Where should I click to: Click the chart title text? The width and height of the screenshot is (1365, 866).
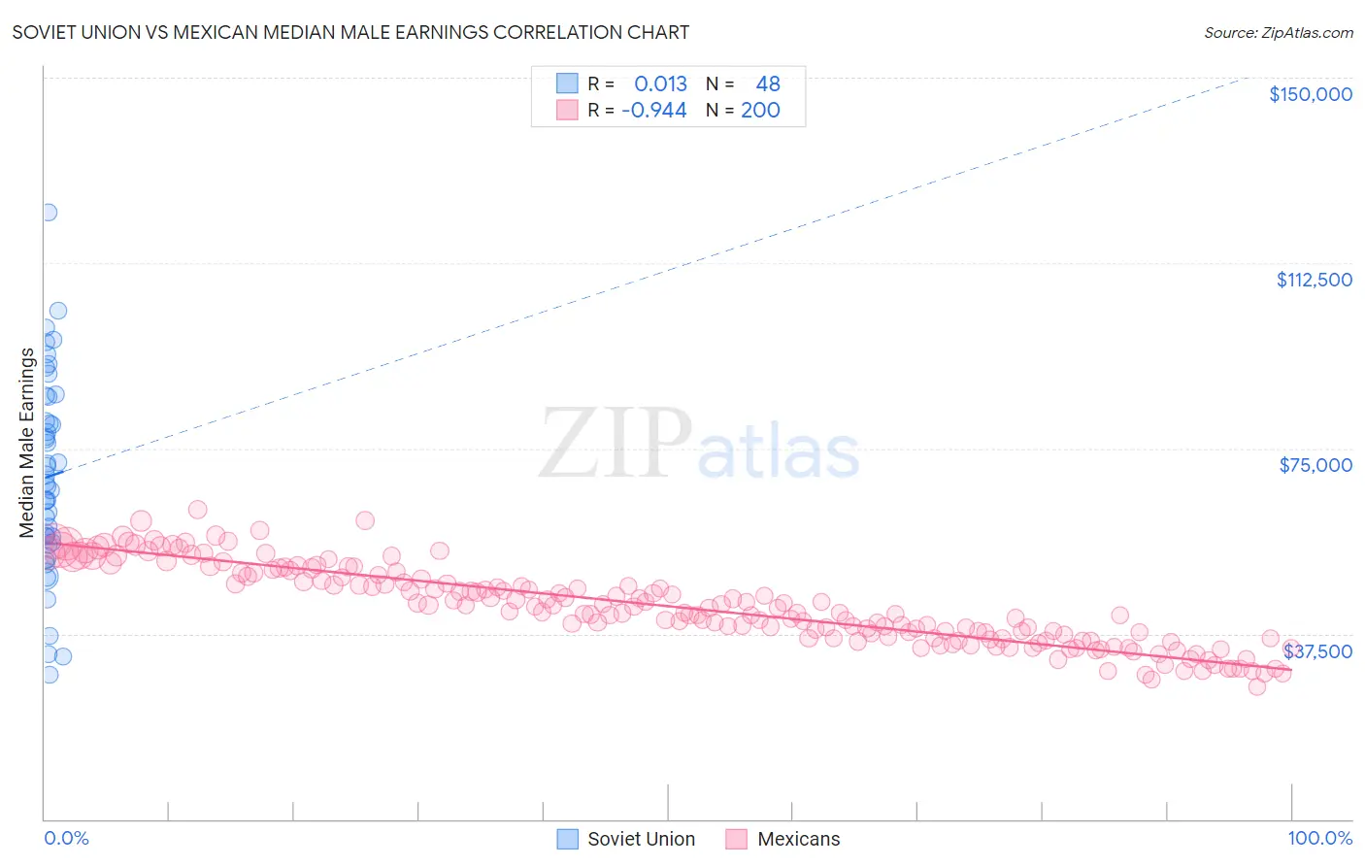[x=350, y=32]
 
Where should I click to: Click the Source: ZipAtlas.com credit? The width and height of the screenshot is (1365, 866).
[x=1278, y=32]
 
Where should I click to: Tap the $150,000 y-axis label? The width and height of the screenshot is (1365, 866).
[x=1310, y=94]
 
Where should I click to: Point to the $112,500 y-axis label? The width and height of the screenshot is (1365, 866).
[x=1314, y=280]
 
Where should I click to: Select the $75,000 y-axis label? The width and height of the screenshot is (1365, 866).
[x=1315, y=465]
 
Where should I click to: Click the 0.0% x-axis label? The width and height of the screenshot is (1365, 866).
[x=66, y=838]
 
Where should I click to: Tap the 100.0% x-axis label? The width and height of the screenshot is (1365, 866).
[x=1319, y=838]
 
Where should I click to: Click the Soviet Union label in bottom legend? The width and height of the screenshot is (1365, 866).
[x=641, y=839]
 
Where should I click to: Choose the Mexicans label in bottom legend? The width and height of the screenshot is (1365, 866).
[x=798, y=839]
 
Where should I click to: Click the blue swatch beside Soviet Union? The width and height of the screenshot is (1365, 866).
[x=567, y=839]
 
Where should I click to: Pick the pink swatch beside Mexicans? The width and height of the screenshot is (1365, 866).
[x=736, y=839]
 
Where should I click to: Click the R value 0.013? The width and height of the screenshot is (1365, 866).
[x=660, y=84]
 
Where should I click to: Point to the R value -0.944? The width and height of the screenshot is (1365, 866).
[x=654, y=111]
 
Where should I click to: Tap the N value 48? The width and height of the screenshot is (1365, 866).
[x=768, y=84]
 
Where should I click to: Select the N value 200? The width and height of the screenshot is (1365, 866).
[x=760, y=111]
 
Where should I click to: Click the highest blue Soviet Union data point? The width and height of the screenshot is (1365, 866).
[x=49, y=213]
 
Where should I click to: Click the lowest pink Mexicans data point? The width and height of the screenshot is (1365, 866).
[x=1256, y=686]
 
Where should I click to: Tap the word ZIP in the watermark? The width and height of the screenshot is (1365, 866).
[x=616, y=444]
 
